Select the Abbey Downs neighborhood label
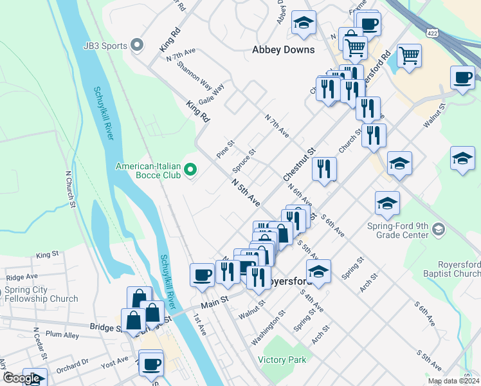point(284,50)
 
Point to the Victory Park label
point(282,360)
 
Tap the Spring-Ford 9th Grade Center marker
point(438,230)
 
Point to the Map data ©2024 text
point(453,381)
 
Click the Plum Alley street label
point(62,335)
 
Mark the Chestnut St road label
point(299,163)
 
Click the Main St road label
point(215,300)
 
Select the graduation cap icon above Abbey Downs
point(304,23)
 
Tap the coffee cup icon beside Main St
point(202,275)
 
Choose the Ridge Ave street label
point(22,277)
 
